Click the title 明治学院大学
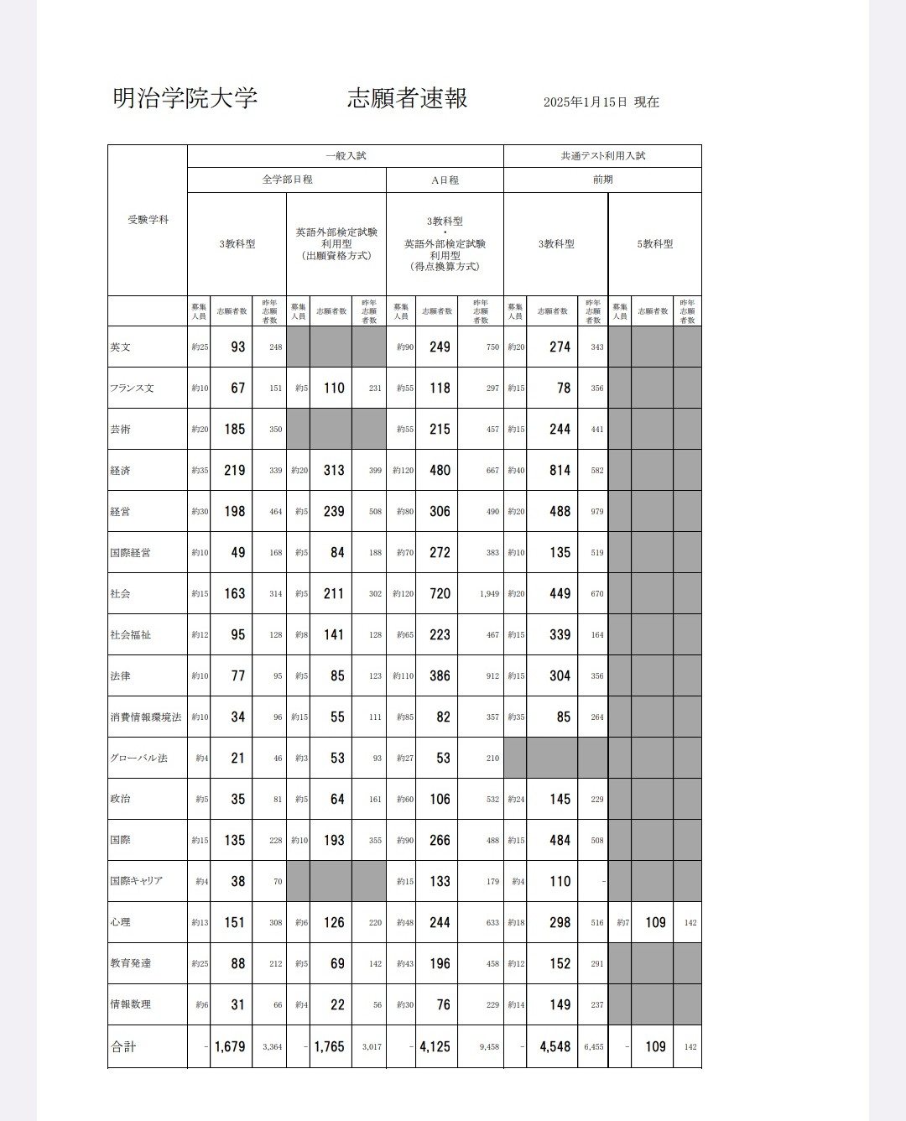pos(185,98)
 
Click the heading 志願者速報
pos(407,98)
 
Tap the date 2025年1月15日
pos(585,102)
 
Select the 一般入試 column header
pos(346,156)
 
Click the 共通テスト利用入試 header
pos(602,156)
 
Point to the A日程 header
pos(445,180)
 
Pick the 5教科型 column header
pos(654,244)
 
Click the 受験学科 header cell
pos(148,220)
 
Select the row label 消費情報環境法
pos(146,717)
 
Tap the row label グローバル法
pos(138,759)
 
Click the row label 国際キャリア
pos(136,881)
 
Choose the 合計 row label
pos(123,1047)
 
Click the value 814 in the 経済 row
pos(560,471)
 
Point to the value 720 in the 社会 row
pos(440,594)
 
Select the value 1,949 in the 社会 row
pos(489,594)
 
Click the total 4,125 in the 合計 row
pos(435,1047)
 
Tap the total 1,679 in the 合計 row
pos(229,1047)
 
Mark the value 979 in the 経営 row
pos(596,512)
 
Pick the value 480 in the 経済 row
pos(440,471)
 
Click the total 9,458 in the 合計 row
pos(488,1047)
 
